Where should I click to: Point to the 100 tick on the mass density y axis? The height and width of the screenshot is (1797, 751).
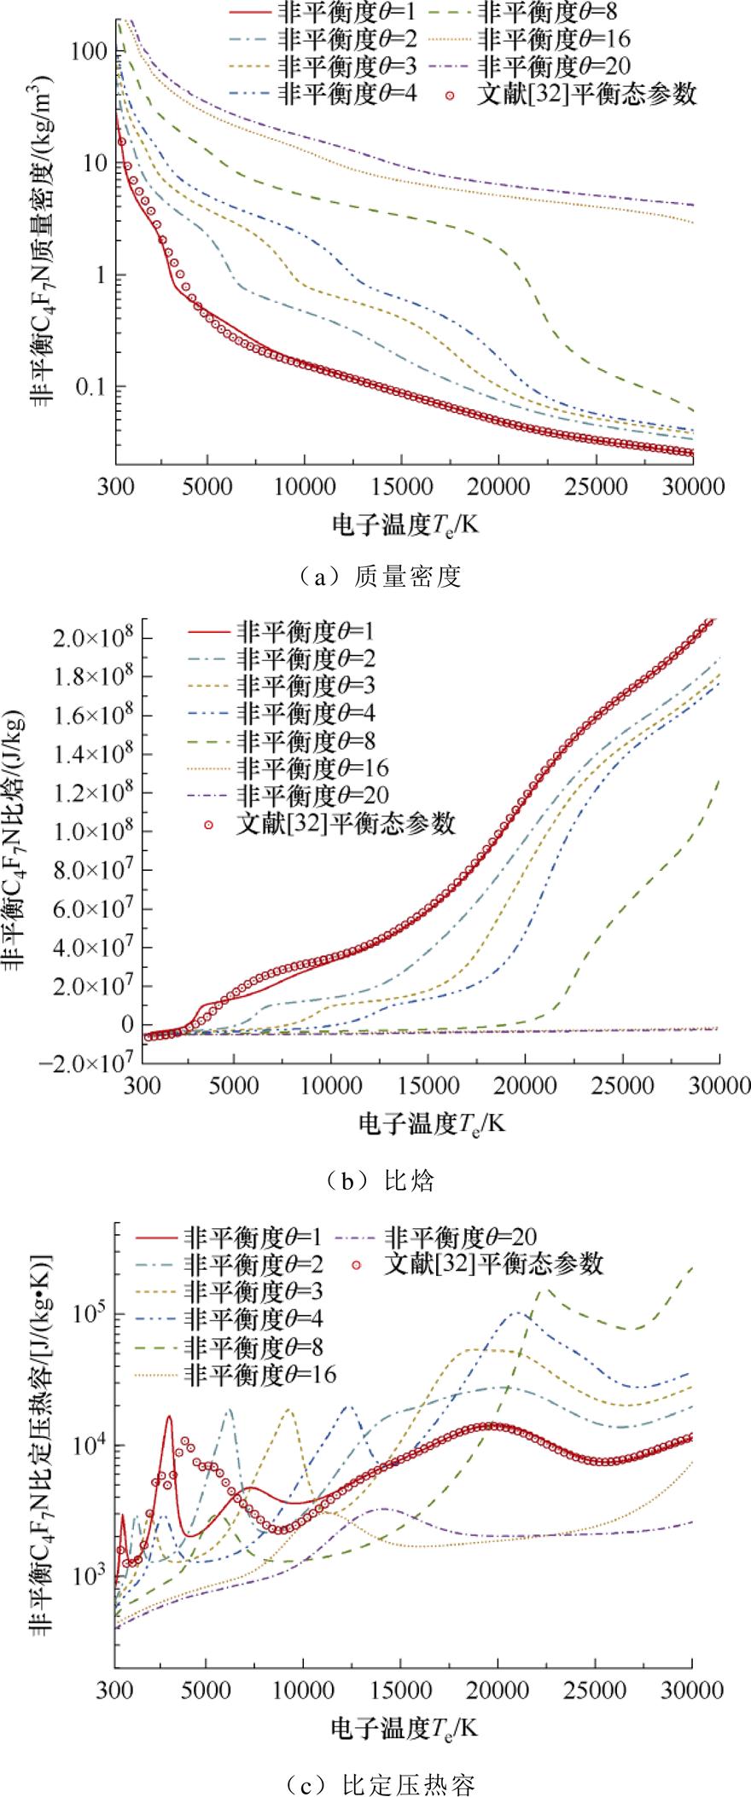(x=91, y=51)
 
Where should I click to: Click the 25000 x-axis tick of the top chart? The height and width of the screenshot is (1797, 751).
(x=596, y=487)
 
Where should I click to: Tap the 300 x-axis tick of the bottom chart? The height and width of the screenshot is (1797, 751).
(x=114, y=1662)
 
